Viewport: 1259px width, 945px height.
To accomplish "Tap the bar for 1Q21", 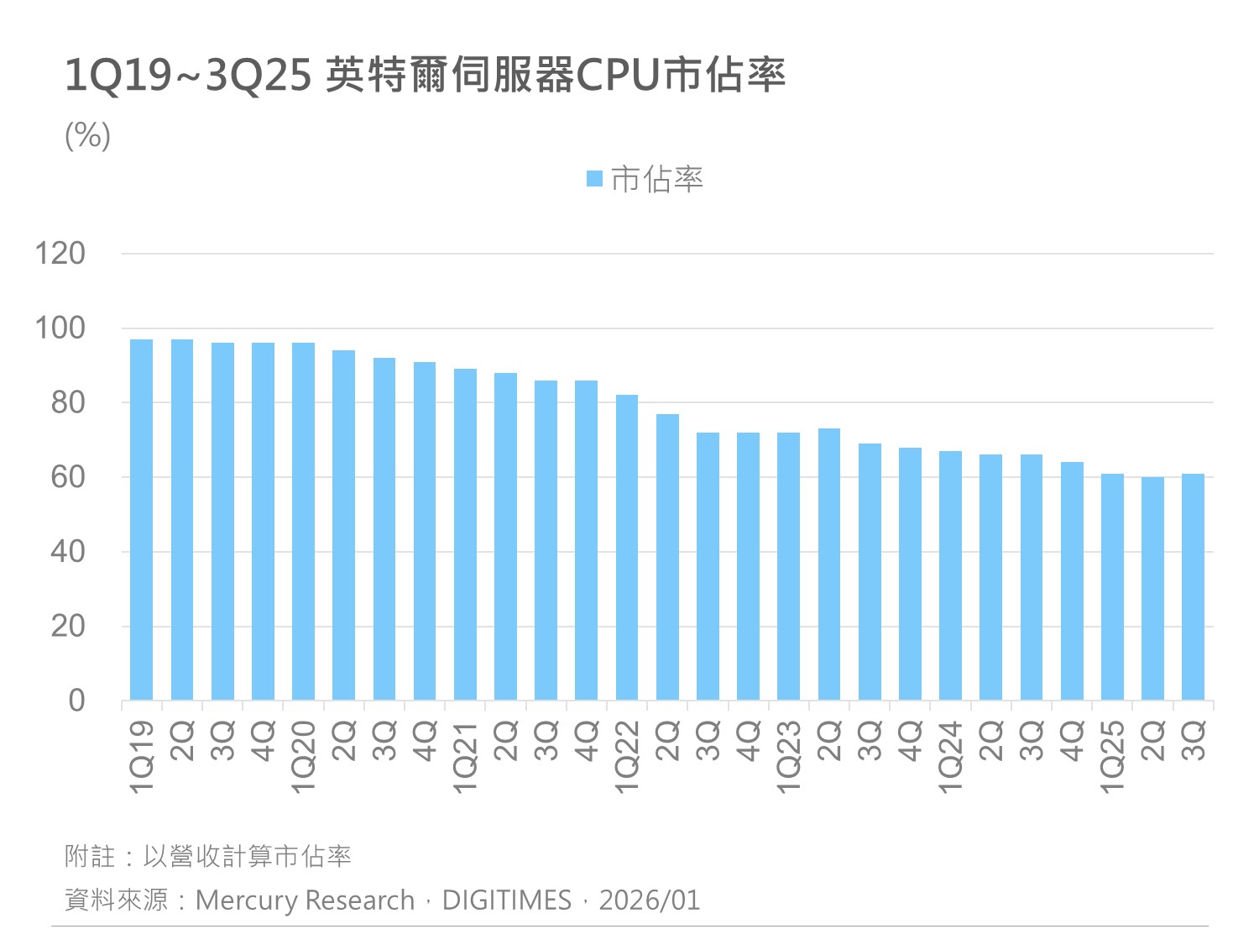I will point(465,534).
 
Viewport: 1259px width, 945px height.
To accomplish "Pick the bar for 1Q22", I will point(627,547).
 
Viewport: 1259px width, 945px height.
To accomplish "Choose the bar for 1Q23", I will point(788,566).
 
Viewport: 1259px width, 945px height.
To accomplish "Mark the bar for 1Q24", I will point(950,575).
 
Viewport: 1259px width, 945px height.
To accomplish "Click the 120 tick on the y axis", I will point(60,253).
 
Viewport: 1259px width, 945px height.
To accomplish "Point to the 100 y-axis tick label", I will point(60,328).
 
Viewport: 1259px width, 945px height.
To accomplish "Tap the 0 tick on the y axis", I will point(76,700).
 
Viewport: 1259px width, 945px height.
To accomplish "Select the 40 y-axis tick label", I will point(68,551).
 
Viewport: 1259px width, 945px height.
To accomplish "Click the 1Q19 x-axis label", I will point(142,756).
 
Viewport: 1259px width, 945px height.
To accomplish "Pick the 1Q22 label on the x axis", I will point(627,756).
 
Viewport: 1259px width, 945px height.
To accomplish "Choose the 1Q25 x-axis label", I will point(1112,756).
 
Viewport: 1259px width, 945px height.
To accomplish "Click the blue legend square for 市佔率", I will point(594,179).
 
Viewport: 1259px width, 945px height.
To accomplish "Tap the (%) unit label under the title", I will point(87,135).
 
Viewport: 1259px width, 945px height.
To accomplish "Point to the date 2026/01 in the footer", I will point(649,900).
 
